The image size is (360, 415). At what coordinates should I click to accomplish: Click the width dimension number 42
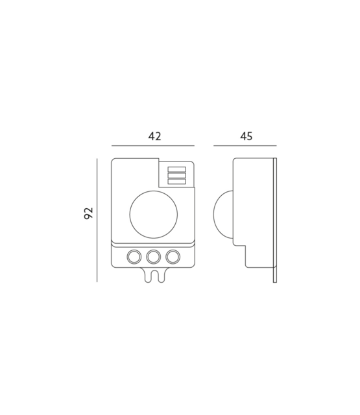tap(154, 136)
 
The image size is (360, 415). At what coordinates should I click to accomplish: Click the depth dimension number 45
tap(246, 136)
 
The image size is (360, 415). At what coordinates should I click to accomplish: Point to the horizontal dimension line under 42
tap(153, 146)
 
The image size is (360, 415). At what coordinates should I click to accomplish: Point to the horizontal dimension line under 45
tap(246, 146)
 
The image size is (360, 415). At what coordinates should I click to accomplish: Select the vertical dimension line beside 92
tap(97, 219)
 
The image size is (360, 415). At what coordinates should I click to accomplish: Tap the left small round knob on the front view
tap(134, 257)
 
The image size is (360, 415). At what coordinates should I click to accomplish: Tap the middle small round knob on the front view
tap(154, 257)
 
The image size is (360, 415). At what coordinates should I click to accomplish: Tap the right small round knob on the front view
tap(173, 257)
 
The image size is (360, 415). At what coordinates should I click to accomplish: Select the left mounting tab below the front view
tap(149, 275)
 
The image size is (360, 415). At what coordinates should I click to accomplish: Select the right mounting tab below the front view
tap(159, 275)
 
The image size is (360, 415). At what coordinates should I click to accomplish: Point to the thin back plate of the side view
tap(275, 219)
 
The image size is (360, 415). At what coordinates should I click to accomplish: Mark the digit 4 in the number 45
tap(242, 136)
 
